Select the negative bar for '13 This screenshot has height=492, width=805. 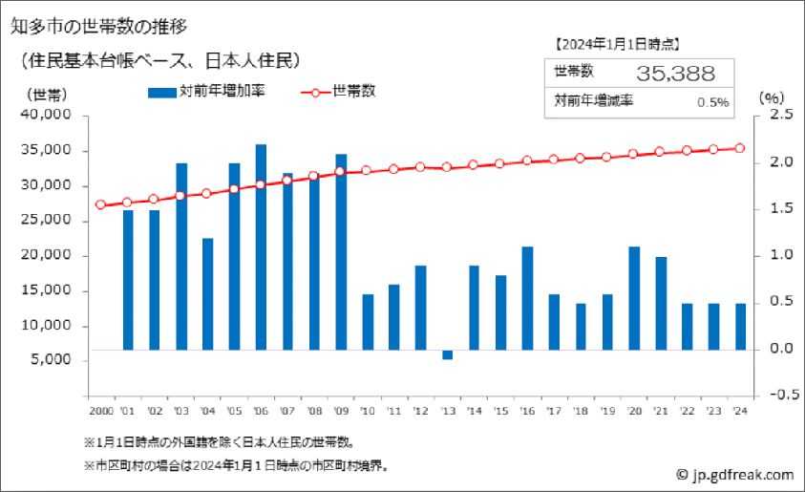[447, 354]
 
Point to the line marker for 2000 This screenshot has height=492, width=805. [100, 204]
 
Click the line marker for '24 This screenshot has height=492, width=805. [739, 148]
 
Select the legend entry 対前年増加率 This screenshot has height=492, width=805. [207, 92]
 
